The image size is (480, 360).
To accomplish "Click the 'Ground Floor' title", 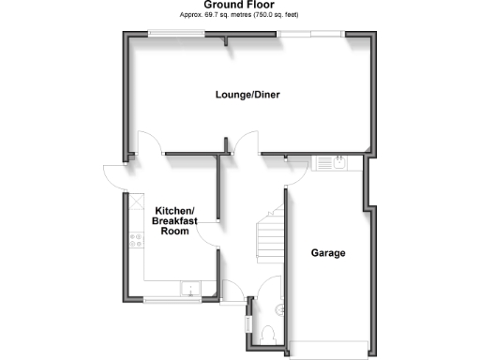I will tap(240, 6).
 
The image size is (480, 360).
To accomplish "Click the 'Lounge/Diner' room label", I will tap(248, 95).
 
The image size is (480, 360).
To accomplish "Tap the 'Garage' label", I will tap(328, 253).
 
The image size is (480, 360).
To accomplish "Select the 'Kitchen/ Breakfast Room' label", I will tap(174, 221).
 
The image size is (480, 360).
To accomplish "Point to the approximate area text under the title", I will tap(240, 16).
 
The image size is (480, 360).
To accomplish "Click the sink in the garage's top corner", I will tap(332, 164).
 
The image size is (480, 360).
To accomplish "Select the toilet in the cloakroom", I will tap(269, 330).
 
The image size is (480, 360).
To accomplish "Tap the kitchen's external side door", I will tap(114, 176).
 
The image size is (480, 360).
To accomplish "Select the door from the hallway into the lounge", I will tap(247, 143).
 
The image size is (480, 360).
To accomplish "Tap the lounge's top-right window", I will tap(311, 35).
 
